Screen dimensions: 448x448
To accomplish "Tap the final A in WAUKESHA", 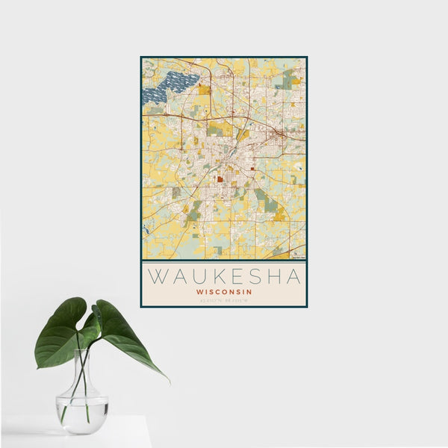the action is pos(291,276).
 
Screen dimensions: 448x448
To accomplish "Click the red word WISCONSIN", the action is pos(224,291).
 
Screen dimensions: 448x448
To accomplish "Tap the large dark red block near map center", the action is pos(221,178).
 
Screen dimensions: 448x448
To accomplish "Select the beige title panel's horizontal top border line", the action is pos(224,261).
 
